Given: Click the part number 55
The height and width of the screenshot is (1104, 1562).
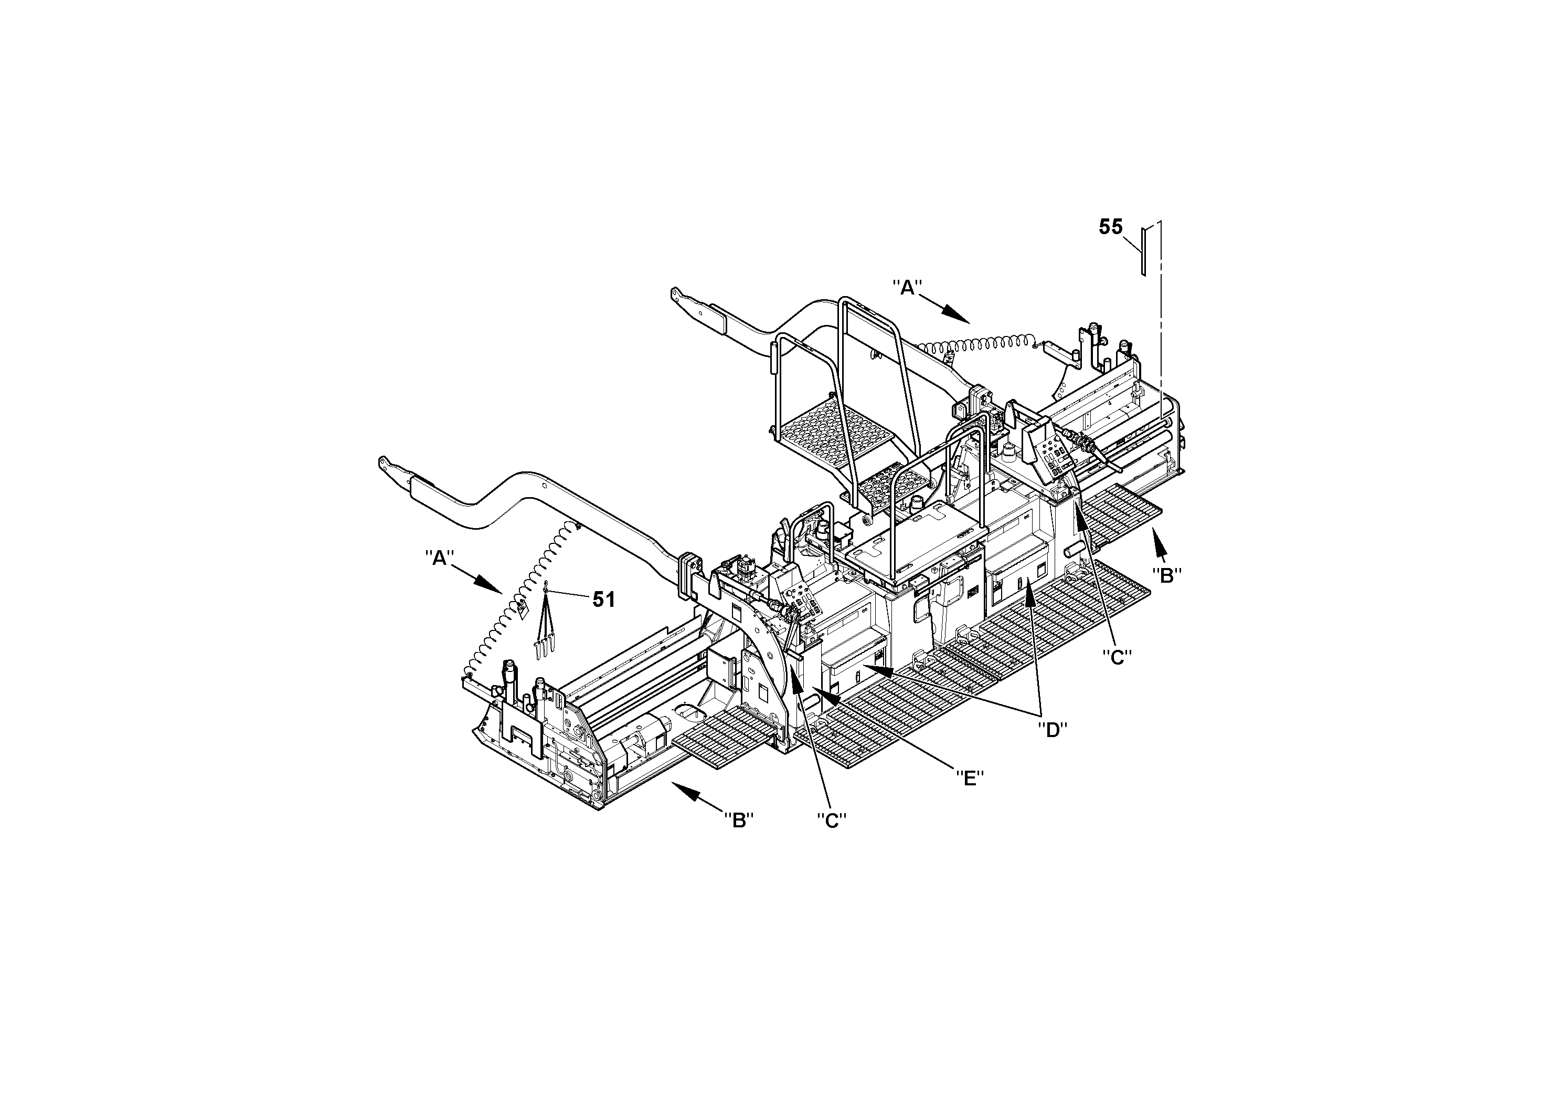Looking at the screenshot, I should (x=1110, y=227).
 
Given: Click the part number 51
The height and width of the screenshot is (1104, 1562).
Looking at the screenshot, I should (x=603, y=600).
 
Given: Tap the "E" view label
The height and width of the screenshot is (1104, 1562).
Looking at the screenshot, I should (x=970, y=778).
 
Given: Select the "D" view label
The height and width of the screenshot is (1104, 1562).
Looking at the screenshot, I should (x=1053, y=730).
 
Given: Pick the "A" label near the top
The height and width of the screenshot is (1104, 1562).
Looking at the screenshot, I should (x=907, y=288).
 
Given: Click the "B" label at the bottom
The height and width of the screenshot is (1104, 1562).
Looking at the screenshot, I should (x=739, y=820).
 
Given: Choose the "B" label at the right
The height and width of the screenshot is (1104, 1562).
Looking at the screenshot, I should (x=1166, y=576).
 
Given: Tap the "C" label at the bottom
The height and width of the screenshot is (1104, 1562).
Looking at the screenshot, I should (x=831, y=821).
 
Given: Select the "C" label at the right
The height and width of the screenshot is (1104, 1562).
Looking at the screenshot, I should (x=1117, y=657).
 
